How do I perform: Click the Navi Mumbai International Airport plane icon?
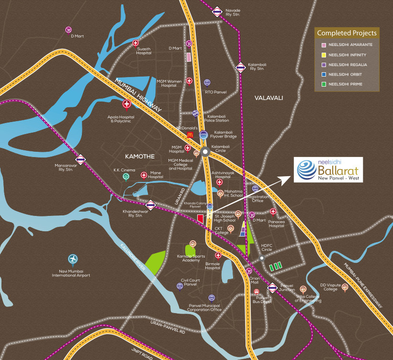coord(73,259)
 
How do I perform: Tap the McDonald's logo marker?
coord(190,135)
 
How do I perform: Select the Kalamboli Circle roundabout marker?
coord(205,152)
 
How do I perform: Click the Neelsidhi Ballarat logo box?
coord(328,170)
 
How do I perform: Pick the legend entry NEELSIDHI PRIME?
coord(346,84)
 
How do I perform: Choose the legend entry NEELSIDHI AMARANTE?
coord(350,45)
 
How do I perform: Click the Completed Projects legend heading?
coord(347,33)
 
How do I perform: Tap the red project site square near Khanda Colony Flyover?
coord(201,219)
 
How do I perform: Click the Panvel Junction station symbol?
coord(272,288)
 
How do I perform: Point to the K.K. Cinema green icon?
coord(126,177)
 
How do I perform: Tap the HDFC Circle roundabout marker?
coord(262,258)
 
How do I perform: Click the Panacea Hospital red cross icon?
coord(273,211)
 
